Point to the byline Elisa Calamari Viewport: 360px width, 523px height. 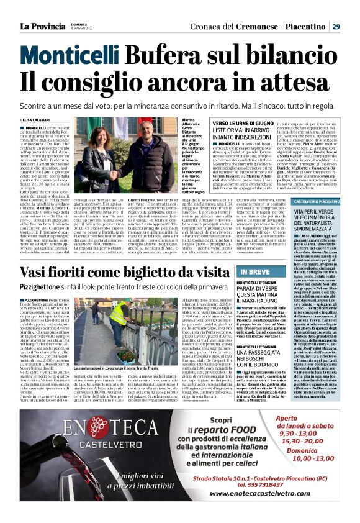pos(40,120)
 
